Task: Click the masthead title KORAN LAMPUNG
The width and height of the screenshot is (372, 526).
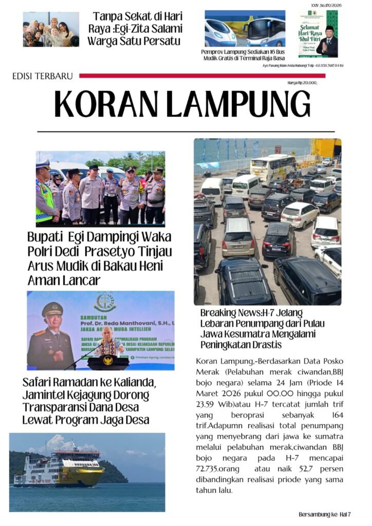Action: coord(182,104)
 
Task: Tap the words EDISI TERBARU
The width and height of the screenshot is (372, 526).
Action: coord(43,77)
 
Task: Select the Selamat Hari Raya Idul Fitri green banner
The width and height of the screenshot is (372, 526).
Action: coord(319,33)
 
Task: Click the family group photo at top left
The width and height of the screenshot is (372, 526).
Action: coord(51,29)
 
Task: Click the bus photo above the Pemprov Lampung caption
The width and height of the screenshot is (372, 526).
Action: coord(245,29)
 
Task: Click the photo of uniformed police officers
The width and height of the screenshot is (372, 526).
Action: coord(100,189)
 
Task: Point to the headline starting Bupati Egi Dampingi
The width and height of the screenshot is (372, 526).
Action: coord(99,259)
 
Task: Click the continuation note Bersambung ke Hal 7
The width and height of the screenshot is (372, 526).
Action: coord(325,514)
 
